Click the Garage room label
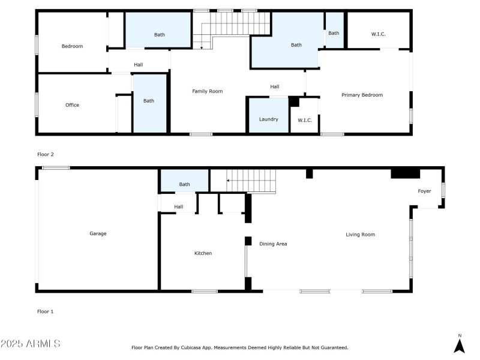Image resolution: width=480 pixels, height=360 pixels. pyautogui.click(x=98, y=233)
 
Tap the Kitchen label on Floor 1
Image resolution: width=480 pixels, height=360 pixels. pyautogui.click(x=203, y=253)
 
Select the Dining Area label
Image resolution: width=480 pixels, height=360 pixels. pyautogui.click(x=273, y=244)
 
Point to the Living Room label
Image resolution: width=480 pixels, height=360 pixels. pyautogui.click(x=360, y=235)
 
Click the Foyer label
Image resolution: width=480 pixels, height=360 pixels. pyautogui.click(x=424, y=191)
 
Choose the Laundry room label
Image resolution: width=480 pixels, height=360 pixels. pyautogui.click(x=268, y=119)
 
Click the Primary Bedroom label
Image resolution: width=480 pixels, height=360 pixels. pyautogui.click(x=362, y=95)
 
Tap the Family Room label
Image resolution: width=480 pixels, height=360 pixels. pyautogui.click(x=207, y=91)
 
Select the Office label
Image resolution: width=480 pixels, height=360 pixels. pyautogui.click(x=72, y=105)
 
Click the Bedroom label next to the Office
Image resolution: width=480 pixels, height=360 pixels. pyautogui.click(x=72, y=46)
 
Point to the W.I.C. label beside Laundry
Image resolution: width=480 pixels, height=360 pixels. pyautogui.click(x=305, y=120)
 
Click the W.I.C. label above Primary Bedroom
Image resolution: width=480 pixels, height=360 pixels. pyautogui.click(x=378, y=34)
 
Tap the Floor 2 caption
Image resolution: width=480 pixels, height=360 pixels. pyautogui.click(x=46, y=154)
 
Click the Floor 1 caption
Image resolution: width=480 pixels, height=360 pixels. pyautogui.click(x=46, y=311)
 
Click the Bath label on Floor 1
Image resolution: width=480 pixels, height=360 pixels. pyautogui.click(x=184, y=184)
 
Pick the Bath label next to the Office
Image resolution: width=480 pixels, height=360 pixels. pyautogui.click(x=148, y=101)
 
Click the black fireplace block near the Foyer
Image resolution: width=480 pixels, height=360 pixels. pyautogui.click(x=406, y=173)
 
